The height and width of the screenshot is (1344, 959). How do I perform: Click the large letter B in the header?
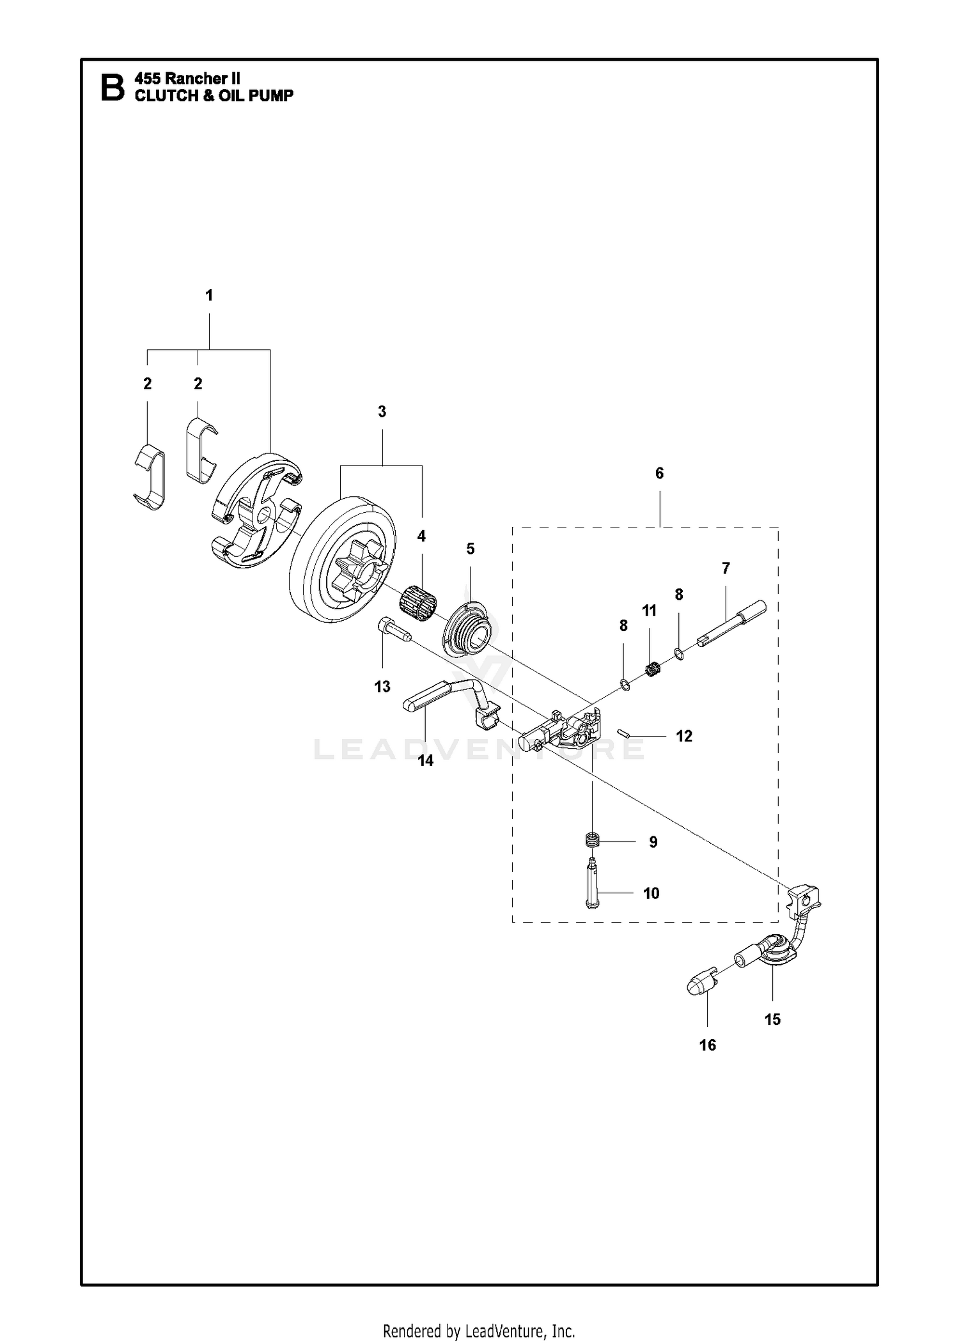click(x=113, y=88)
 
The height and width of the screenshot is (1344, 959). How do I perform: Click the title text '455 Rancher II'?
click(x=187, y=79)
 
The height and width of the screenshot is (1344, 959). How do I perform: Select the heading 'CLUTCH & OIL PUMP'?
click(x=214, y=96)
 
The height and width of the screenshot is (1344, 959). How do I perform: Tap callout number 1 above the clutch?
click(x=209, y=295)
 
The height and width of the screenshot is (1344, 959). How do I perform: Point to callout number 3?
click(x=382, y=412)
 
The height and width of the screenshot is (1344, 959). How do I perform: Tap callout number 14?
click(x=426, y=761)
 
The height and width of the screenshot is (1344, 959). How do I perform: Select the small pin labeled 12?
click(x=624, y=732)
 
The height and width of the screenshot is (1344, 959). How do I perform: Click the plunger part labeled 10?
click(x=594, y=883)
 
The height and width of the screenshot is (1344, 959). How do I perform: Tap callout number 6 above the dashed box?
click(x=659, y=473)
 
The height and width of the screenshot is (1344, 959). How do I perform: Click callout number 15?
click(x=772, y=1019)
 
